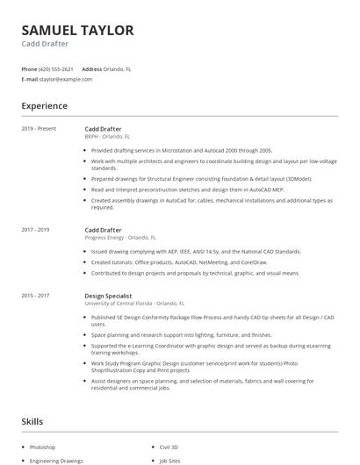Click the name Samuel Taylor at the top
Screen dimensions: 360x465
point(77,31)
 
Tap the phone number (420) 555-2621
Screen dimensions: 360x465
point(57,68)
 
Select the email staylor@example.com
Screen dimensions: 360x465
point(66,79)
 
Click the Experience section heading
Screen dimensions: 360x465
point(44,106)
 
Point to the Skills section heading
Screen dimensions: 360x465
point(32,422)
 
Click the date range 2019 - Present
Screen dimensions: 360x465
point(39,129)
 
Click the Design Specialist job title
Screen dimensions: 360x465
point(109,297)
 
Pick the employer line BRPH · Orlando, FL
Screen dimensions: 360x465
point(108,137)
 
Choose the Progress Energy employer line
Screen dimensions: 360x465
point(119,238)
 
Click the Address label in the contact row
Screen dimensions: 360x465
point(91,68)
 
